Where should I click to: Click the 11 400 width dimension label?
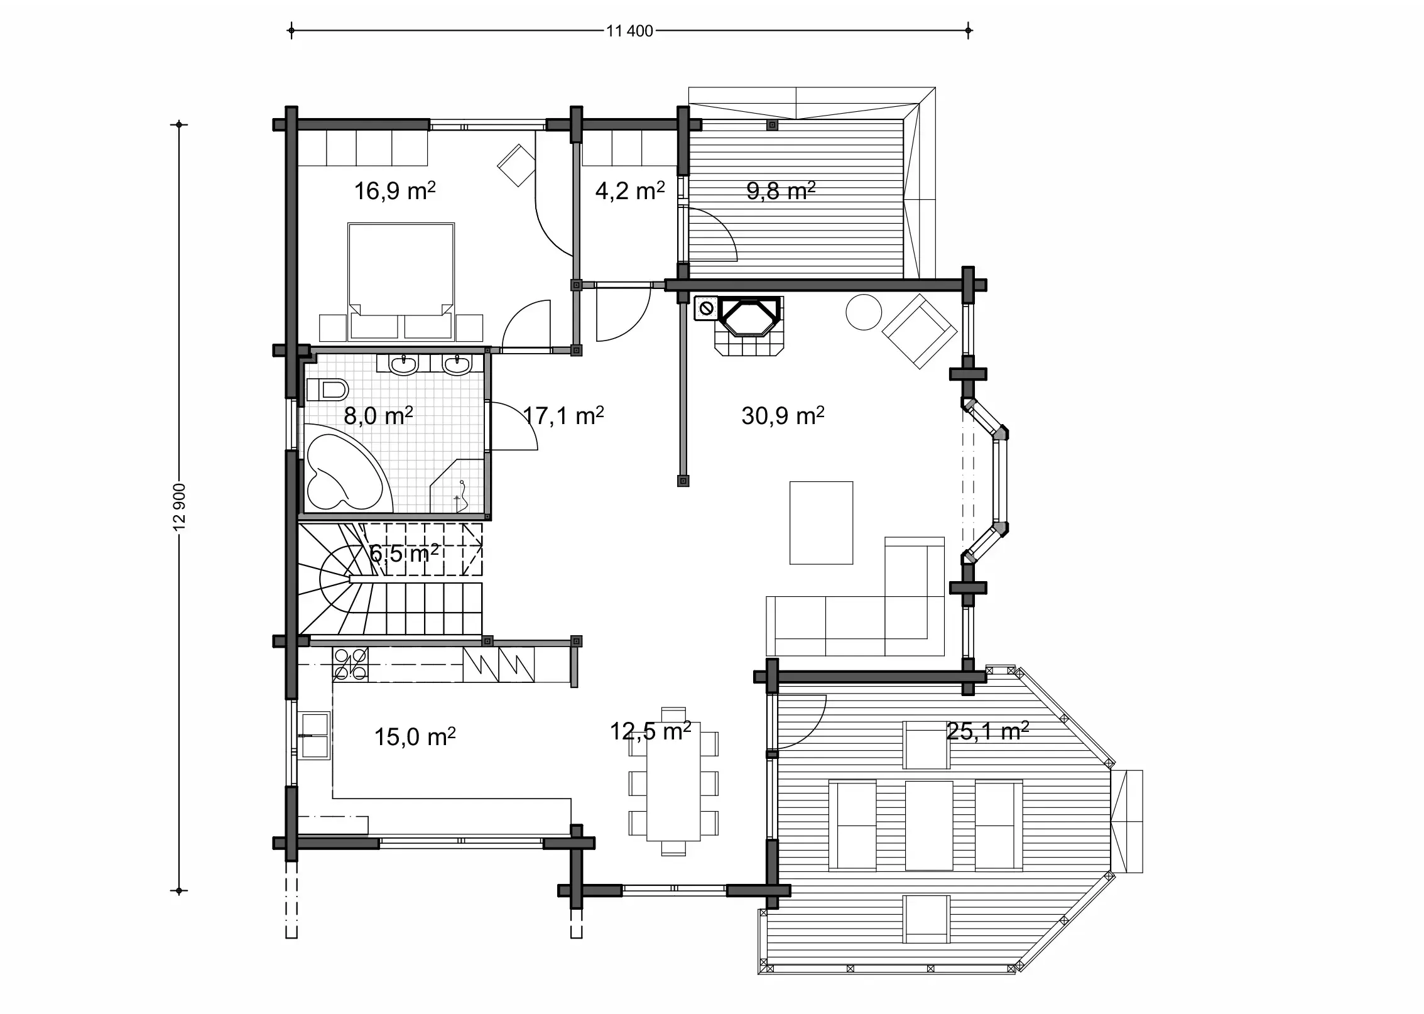pyautogui.click(x=629, y=31)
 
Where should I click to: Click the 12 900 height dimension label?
pyautogui.click(x=180, y=506)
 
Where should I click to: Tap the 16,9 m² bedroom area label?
pyautogui.click(x=394, y=191)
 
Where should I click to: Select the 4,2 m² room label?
pyautogui.click(x=629, y=191)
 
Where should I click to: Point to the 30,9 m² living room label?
pyautogui.click(x=782, y=416)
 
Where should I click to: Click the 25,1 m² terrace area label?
pyautogui.click(x=987, y=731)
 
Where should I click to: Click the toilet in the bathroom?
pyautogui.click(x=327, y=390)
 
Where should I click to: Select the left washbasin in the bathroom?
pyautogui.click(x=403, y=364)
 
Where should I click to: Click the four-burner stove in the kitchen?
pyautogui.click(x=351, y=665)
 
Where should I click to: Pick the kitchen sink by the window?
pyautogui.click(x=314, y=735)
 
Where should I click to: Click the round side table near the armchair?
pyautogui.click(x=864, y=312)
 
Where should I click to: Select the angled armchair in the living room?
pyautogui.click(x=919, y=331)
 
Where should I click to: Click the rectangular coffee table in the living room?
pyautogui.click(x=821, y=523)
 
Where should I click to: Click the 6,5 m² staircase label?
pyautogui.click(x=403, y=554)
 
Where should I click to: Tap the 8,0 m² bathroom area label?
pyautogui.click(x=378, y=416)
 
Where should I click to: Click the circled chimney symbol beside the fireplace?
pyautogui.click(x=705, y=308)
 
